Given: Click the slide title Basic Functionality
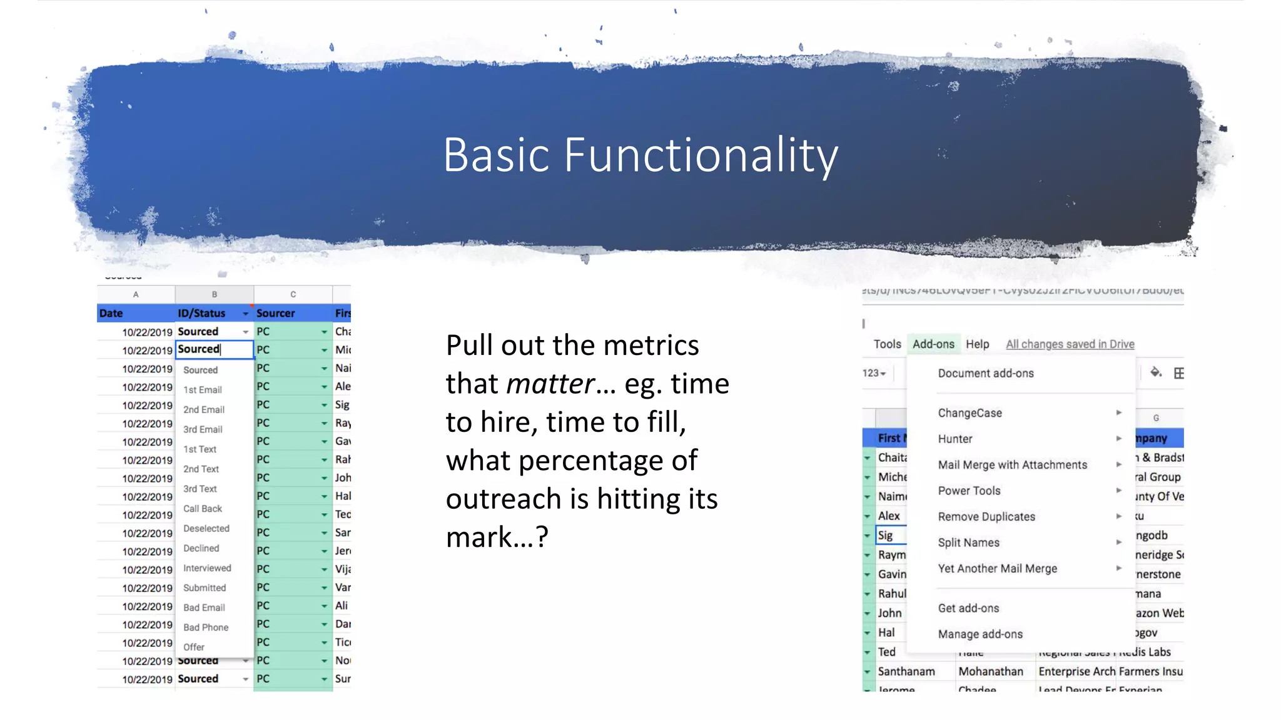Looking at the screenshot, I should (x=640, y=154).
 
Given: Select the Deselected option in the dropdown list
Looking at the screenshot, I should (x=206, y=528).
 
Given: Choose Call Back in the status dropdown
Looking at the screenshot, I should (x=203, y=509).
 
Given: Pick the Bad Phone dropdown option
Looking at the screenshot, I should (x=206, y=627).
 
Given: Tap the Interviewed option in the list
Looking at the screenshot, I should (x=207, y=567).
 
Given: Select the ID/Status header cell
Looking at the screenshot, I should (x=201, y=313).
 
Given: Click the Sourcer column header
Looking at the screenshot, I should (x=276, y=313).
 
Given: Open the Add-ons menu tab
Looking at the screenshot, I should (x=933, y=344).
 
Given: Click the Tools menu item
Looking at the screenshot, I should (x=887, y=344).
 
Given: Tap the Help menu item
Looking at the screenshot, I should (x=977, y=344).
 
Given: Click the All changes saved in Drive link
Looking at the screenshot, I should (x=1070, y=344).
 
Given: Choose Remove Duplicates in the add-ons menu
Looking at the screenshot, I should (x=986, y=517).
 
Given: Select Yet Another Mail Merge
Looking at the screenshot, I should (x=998, y=569).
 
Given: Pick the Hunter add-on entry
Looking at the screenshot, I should (x=955, y=439).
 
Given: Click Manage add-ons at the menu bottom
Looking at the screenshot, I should (x=980, y=634).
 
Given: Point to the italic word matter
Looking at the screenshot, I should (x=550, y=384).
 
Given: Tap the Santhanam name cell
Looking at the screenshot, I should (x=906, y=671).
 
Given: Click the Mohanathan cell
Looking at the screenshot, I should (x=991, y=671).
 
